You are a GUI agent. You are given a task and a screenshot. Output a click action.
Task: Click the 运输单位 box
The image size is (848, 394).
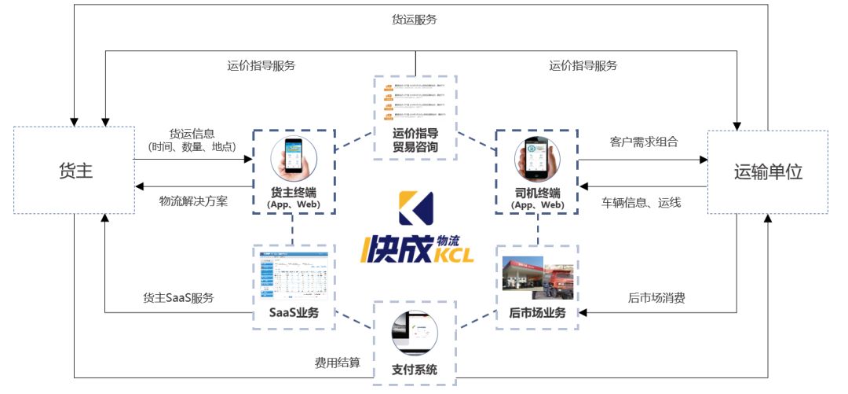point(768,171)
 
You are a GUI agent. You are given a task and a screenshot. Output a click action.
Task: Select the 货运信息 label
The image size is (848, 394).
point(192,134)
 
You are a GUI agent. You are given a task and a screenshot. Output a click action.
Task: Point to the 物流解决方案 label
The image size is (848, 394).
point(193,201)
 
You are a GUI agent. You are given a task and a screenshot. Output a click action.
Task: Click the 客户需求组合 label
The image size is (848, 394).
point(644,142)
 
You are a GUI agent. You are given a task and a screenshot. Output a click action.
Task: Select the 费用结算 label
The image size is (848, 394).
point(338,363)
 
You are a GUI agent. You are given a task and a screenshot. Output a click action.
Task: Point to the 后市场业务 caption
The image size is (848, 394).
point(537,313)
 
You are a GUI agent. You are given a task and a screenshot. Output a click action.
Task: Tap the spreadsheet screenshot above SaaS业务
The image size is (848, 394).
point(293,275)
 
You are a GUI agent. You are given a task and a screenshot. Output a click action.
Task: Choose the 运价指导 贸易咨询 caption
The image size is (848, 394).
point(415,139)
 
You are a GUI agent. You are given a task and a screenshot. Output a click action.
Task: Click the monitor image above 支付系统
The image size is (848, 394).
point(415,333)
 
